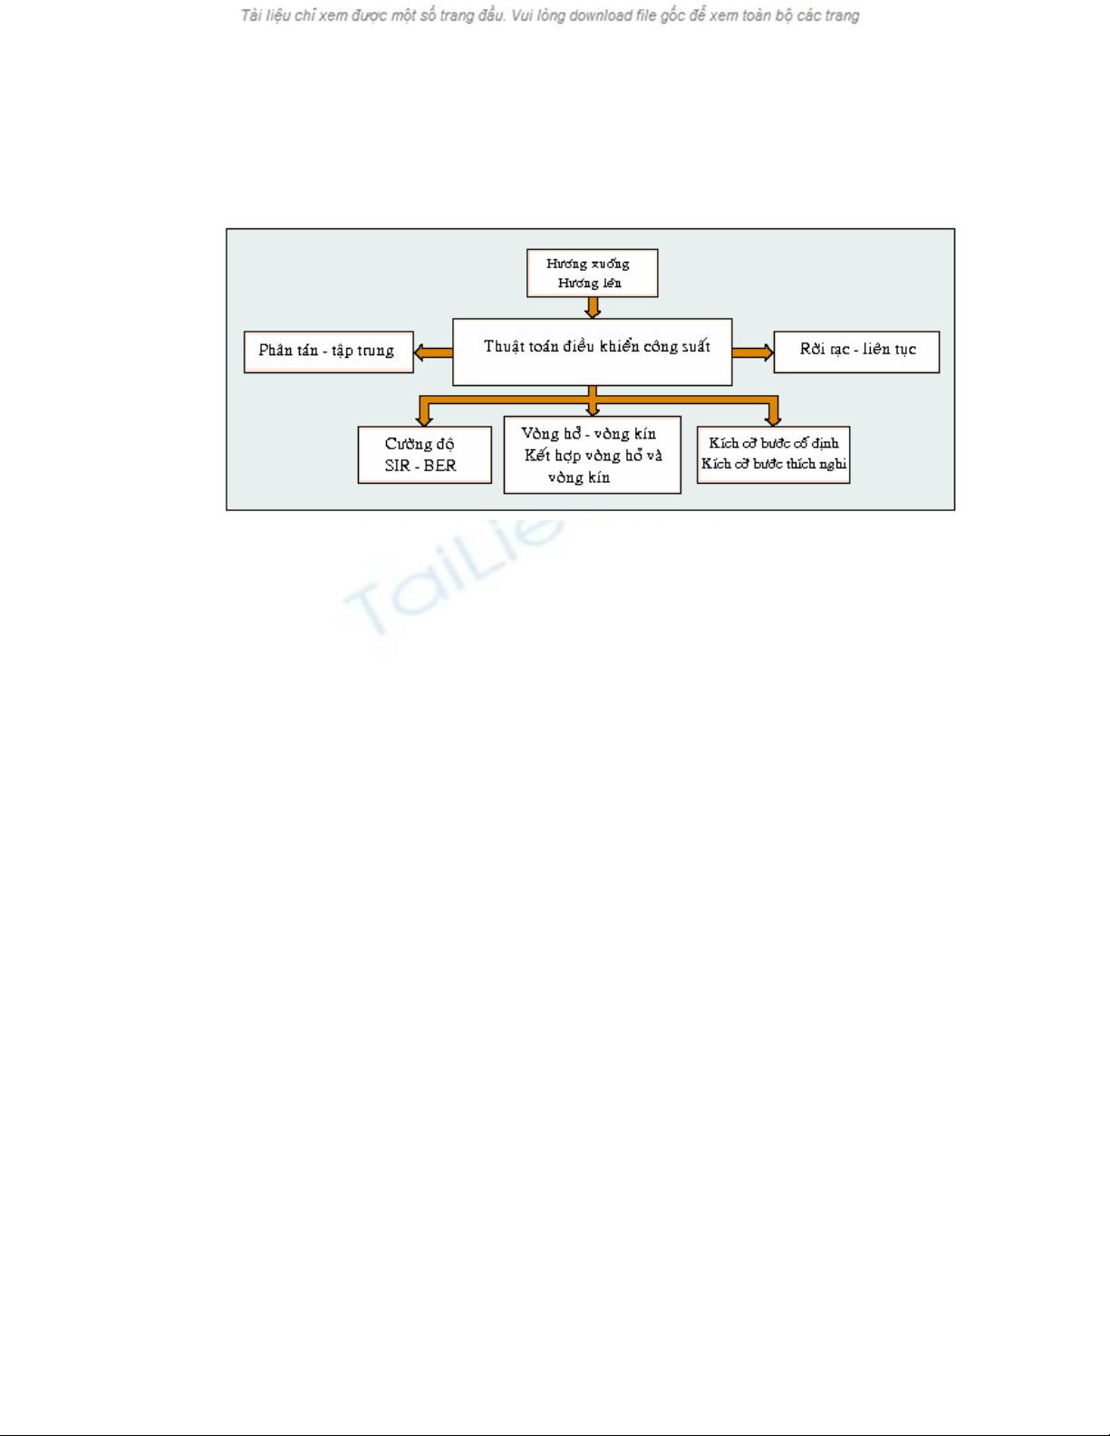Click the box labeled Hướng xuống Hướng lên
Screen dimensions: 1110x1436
(592, 273)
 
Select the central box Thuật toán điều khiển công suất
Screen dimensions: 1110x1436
(592, 352)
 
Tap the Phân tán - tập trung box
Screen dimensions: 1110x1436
(328, 352)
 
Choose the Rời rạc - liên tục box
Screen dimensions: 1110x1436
(856, 352)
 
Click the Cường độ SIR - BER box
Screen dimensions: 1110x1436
(424, 455)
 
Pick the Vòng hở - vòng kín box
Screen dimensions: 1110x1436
(592, 455)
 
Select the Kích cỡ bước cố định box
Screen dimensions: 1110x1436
(773, 455)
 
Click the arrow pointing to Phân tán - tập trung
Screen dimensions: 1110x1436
(433, 352)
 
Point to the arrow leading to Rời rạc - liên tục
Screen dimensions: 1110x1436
(753, 352)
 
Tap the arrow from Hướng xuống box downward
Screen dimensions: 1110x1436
(593, 308)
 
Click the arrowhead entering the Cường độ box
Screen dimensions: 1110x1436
(424, 421)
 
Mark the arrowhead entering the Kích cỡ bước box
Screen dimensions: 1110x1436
(773, 421)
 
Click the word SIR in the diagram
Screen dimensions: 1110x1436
(397, 466)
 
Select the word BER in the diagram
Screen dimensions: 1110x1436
(440, 466)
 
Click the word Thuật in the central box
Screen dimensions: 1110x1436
(501, 347)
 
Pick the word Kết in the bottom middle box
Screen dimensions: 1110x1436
(537, 455)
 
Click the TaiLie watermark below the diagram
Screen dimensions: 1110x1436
(452, 578)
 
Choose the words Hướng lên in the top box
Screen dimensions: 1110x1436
(589, 283)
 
